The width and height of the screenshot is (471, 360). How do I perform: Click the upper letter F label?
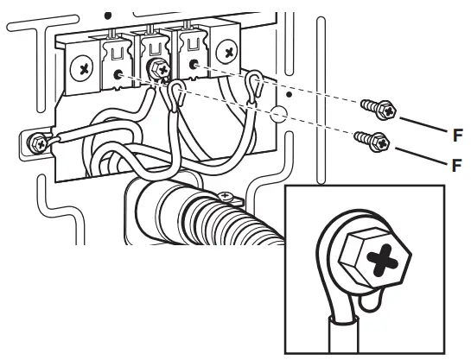[x=457, y=135]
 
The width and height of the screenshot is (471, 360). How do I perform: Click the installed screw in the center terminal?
[x=159, y=67]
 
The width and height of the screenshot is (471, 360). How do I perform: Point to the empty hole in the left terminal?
[x=116, y=76]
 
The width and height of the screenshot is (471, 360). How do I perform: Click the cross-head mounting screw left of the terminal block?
[x=84, y=66]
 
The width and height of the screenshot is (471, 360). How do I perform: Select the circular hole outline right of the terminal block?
[x=276, y=113]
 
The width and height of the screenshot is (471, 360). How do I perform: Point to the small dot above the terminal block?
[x=107, y=16]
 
